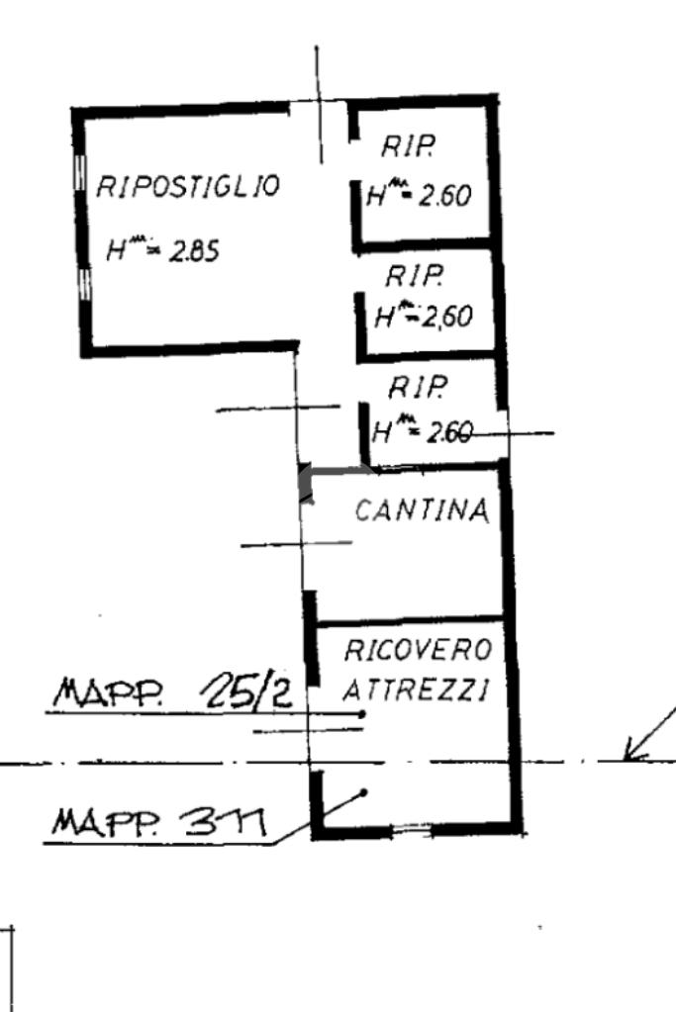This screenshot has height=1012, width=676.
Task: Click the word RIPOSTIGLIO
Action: [187, 185]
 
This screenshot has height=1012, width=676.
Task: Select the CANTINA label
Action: [422, 510]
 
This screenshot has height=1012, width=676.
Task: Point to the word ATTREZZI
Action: [415, 690]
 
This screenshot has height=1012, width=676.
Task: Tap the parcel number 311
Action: [228, 820]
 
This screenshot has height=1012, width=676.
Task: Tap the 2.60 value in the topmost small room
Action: [443, 196]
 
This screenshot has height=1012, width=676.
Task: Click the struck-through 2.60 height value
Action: [448, 432]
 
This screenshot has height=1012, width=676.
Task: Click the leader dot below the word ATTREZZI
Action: [363, 713]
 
